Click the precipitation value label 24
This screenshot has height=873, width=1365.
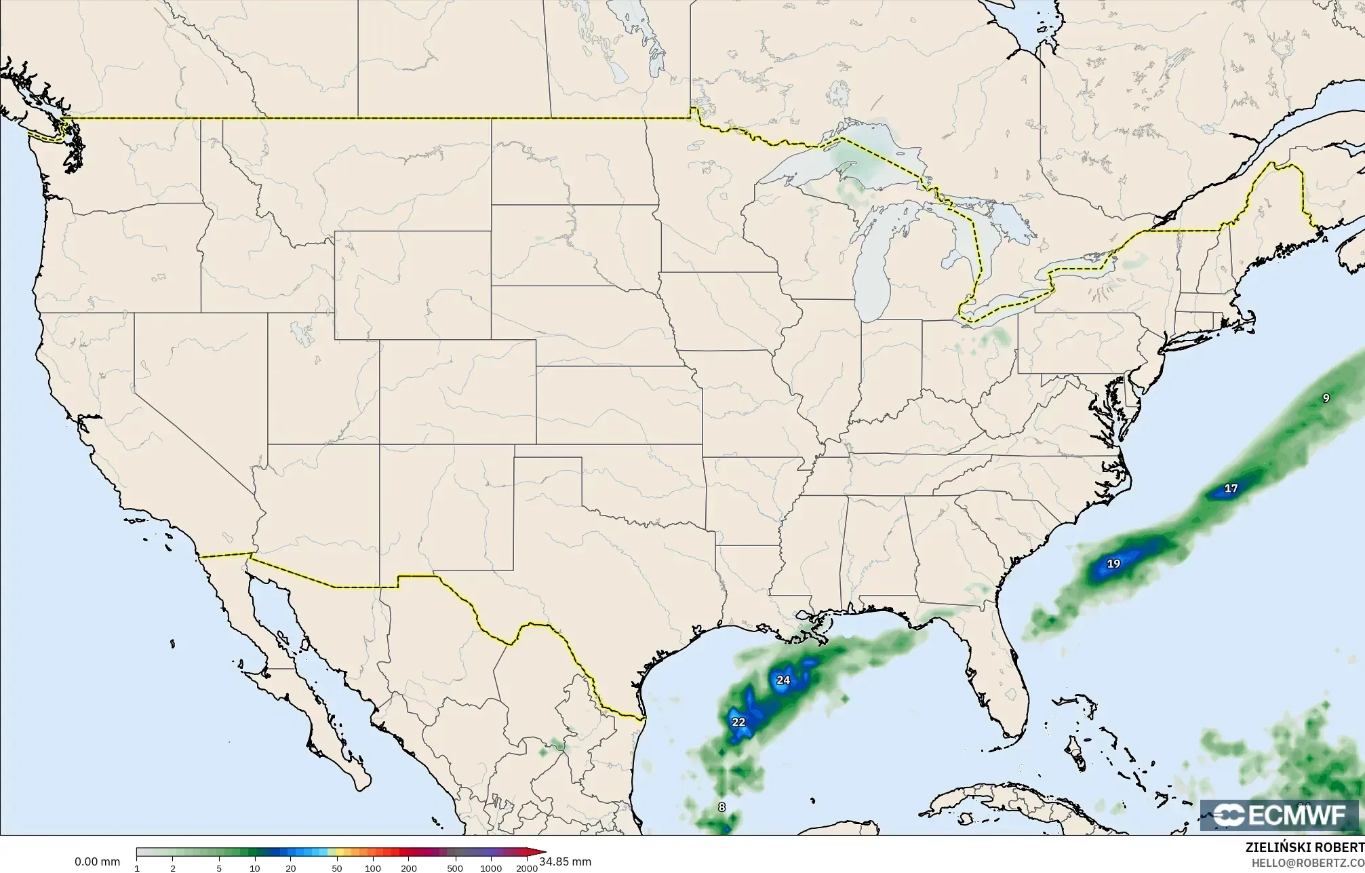click(x=783, y=680)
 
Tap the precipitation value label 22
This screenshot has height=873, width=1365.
click(x=738, y=722)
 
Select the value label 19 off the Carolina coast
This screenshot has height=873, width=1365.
click(x=1113, y=563)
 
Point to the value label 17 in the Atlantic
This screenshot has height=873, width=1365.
click(x=1231, y=488)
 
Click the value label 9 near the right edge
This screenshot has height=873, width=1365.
click(x=1326, y=398)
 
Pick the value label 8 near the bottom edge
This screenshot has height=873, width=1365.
click(x=721, y=807)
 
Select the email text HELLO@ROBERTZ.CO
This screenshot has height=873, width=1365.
click(x=1307, y=862)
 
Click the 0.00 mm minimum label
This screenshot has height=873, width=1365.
click(x=97, y=861)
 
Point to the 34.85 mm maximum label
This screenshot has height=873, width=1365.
click(x=565, y=861)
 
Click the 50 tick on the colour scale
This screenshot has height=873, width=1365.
click(x=337, y=868)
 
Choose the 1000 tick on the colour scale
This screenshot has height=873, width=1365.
click(x=491, y=868)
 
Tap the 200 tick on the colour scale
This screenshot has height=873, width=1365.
click(x=408, y=868)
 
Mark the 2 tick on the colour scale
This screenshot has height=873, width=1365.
click(x=173, y=868)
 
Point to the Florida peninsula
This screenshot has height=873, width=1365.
click(x=1000, y=672)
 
